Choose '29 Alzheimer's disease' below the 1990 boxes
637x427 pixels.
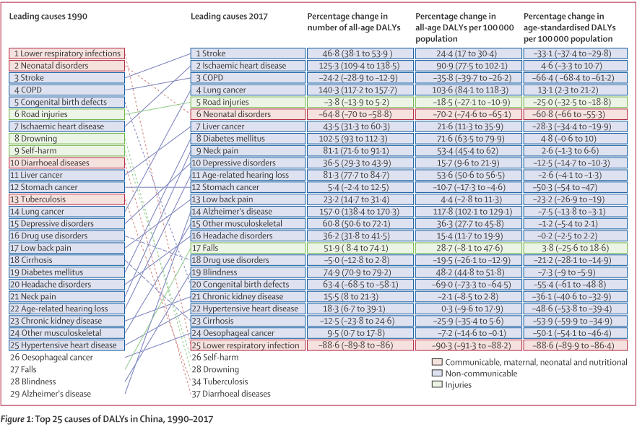(56, 394)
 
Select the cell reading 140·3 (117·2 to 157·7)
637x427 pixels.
(357, 90)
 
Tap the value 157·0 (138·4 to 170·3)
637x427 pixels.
(357, 212)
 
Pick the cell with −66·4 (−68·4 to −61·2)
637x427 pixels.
(574, 77)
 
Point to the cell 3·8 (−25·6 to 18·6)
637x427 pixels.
(574, 248)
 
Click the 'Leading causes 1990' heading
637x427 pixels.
(48, 16)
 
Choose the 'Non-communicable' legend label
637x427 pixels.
(482, 374)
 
